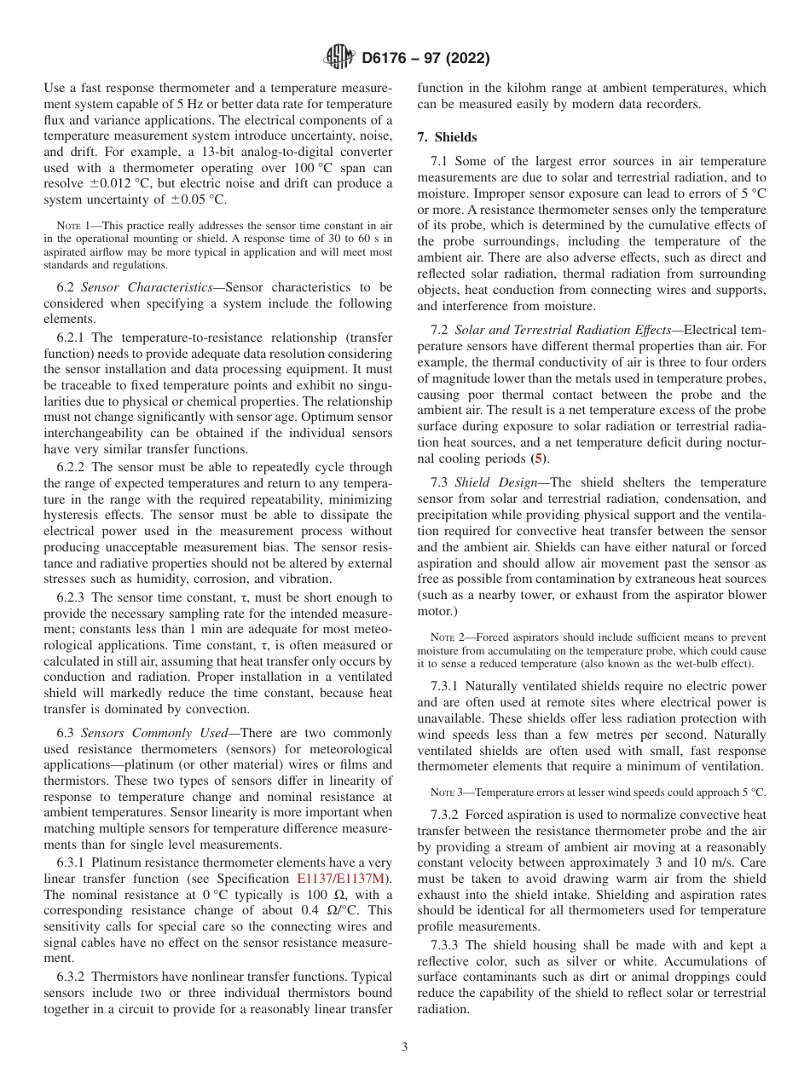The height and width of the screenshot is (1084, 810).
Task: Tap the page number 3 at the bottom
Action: click(405, 1047)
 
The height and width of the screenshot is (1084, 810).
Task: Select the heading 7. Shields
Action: click(447, 137)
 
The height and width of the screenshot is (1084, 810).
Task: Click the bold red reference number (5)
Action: click(537, 458)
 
